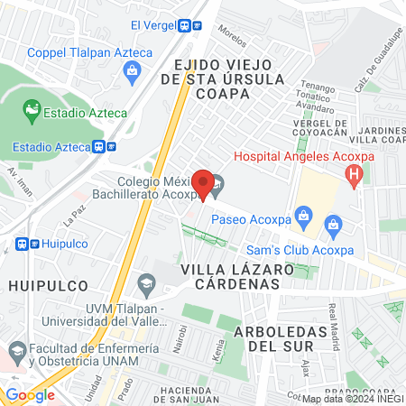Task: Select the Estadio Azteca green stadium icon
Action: pos(32,113)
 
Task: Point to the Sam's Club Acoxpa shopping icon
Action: pos(335,223)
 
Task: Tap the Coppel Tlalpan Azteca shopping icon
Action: pos(134,70)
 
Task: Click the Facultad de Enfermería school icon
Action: pos(15,349)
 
